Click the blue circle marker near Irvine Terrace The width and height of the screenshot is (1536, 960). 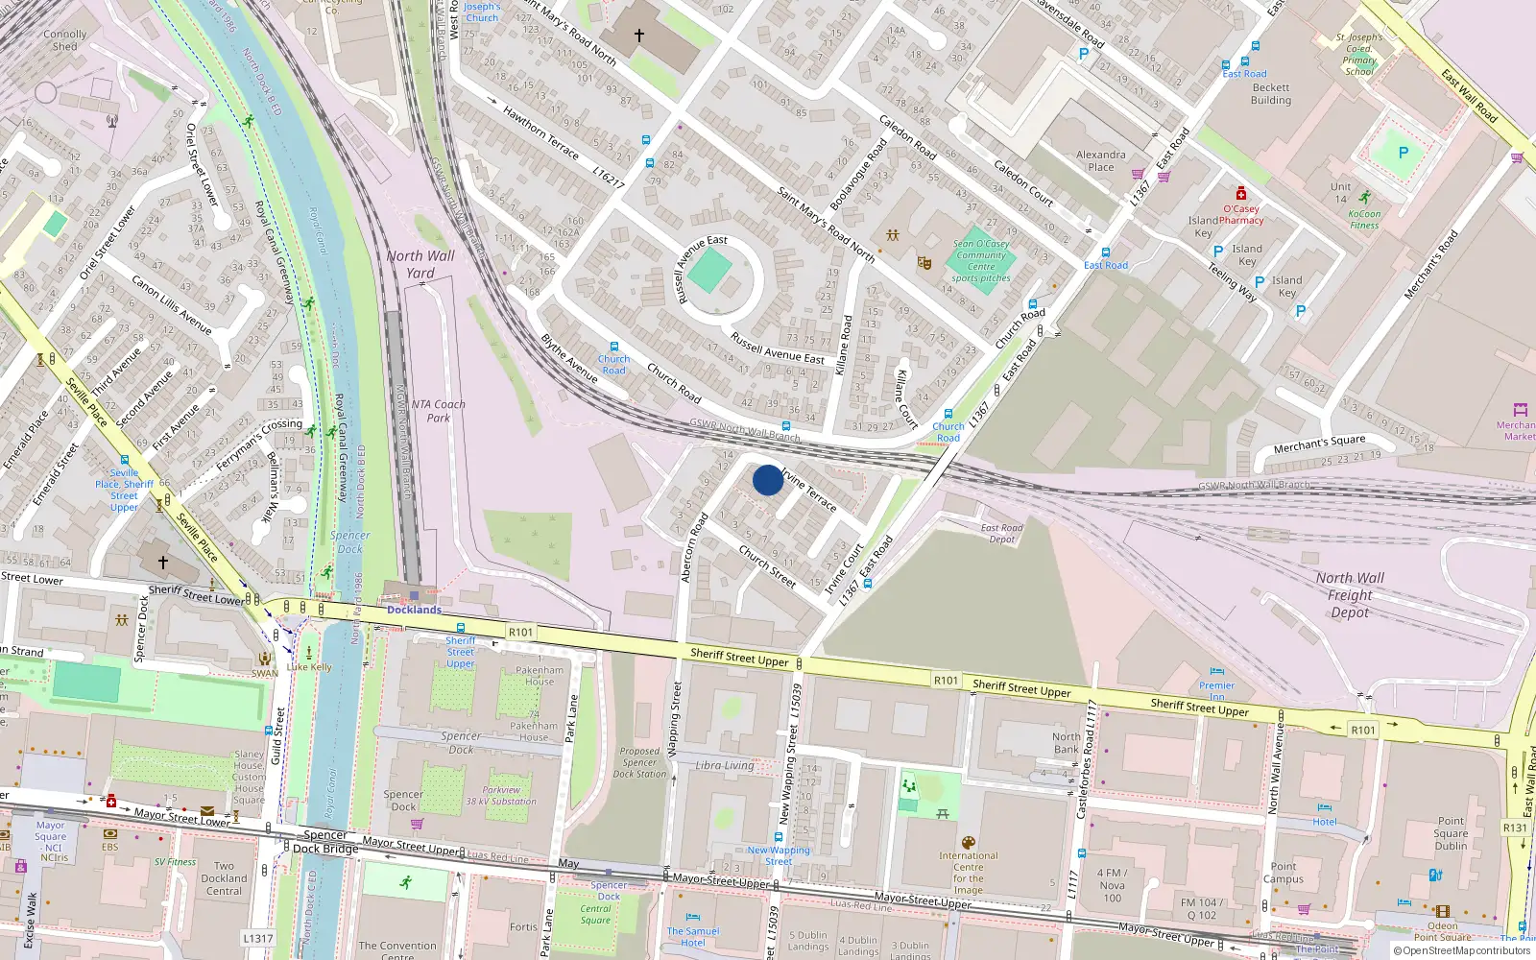(767, 480)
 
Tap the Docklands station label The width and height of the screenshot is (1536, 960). (414, 610)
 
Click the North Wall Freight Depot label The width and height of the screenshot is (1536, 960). (1350, 594)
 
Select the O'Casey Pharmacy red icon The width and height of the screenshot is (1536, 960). (1240, 194)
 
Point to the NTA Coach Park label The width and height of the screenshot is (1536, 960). (438, 411)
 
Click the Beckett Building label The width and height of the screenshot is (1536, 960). (1271, 93)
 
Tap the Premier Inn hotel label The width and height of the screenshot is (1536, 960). (1216, 691)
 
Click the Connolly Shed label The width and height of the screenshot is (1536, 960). (65, 39)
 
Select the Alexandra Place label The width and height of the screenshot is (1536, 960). (1101, 160)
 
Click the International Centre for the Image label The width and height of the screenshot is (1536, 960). (968, 873)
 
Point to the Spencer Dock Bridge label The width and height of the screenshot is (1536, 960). (325, 842)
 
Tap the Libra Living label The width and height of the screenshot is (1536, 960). (725, 765)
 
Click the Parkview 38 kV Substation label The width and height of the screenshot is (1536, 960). (501, 796)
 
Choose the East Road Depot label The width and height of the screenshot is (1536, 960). (1001, 534)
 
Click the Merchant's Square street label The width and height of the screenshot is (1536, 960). (1319, 444)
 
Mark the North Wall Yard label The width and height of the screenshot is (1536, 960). (420, 264)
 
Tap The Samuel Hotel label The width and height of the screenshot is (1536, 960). (693, 937)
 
